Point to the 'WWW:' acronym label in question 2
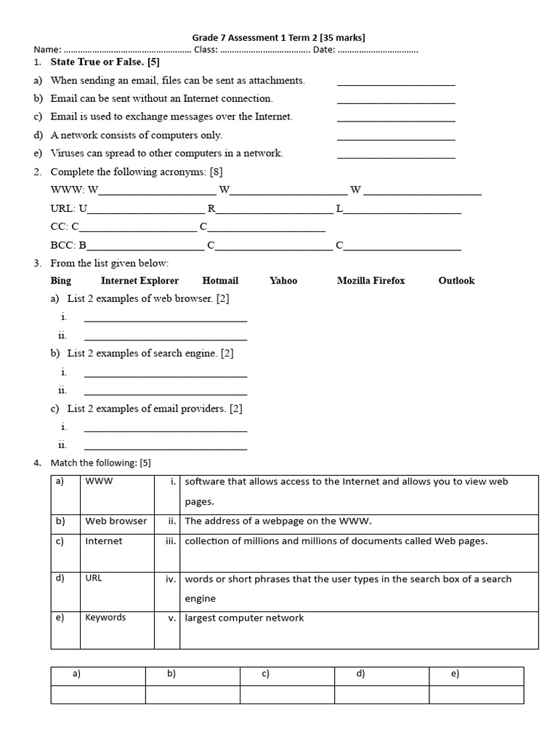point(67,190)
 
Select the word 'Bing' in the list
point(61,281)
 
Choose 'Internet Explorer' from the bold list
point(139,281)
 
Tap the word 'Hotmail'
point(220,281)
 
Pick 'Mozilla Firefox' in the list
point(371,281)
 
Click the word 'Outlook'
point(456,281)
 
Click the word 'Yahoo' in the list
point(283,281)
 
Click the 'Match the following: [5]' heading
point(100,463)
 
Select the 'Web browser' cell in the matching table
point(116,521)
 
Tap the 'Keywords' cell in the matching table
point(105,618)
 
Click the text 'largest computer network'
point(244,618)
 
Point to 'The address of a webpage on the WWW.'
point(278,521)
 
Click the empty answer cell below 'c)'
point(287,694)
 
